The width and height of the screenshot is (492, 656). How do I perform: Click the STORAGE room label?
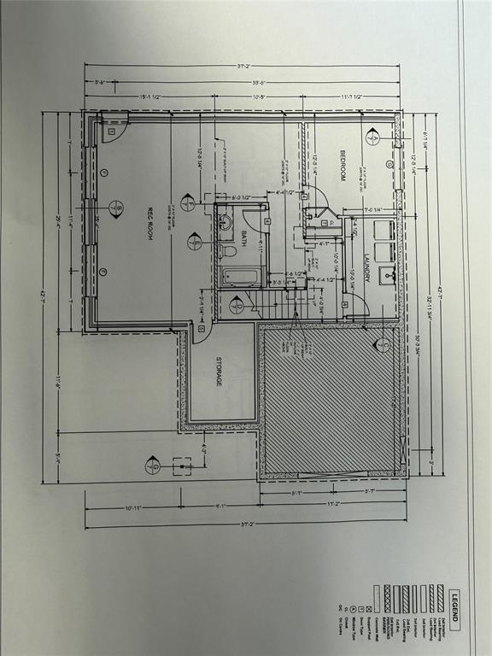(x=219, y=372)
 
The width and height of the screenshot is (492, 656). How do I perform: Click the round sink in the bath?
(x=225, y=223)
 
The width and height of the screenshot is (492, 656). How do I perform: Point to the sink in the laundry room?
(x=390, y=275)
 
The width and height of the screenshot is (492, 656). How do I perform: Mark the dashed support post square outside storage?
(x=181, y=466)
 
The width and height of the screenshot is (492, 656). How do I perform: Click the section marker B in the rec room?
(x=116, y=208)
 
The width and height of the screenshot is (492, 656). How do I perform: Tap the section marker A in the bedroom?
(x=372, y=137)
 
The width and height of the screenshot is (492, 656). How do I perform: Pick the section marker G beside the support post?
(x=153, y=466)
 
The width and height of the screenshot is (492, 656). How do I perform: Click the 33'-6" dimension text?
(x=255, y=83)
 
